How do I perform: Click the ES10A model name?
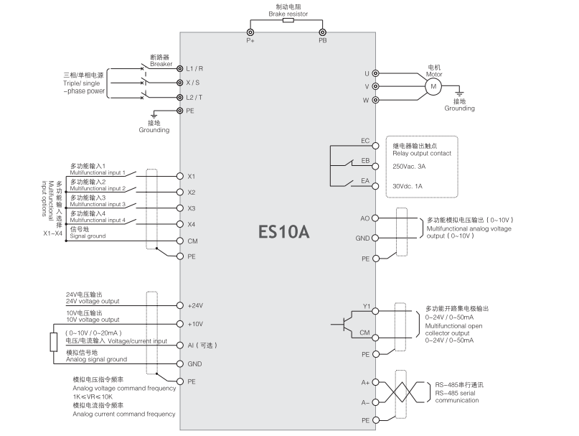pyautogui.click(x=284, y=233)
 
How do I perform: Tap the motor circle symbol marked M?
pyautogui.click(x=433, y=86)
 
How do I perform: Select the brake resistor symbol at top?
pyautogui.click(x=288, y=21)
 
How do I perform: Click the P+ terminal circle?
pyautogui.click(x=250, y=32)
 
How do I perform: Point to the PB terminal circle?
pyautogui.click(x=323, y=32)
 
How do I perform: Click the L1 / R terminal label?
pyautogui.click(x=195, y=69)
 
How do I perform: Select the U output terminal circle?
pyautogui.click(x=375, y=73)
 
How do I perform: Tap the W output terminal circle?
pyautogui.click(x=375, y=100)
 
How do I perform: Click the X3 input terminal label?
pyautogui.click(x=192, y=208)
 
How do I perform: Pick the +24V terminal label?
pyautogui.click(x=195, y=305)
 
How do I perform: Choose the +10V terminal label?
pyautogui.click(x=195, y=325)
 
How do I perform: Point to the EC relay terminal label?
pyautogui.click(x=365, y=141)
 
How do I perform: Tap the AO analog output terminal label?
pyautogui.click(x=364, y=217)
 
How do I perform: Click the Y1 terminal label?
pyautogui.click(x=365, y=306)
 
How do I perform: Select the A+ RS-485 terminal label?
pyautogui.click(x=365, y=383)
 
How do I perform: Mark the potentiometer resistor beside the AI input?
pyautogui.click(x=53, y=342)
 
